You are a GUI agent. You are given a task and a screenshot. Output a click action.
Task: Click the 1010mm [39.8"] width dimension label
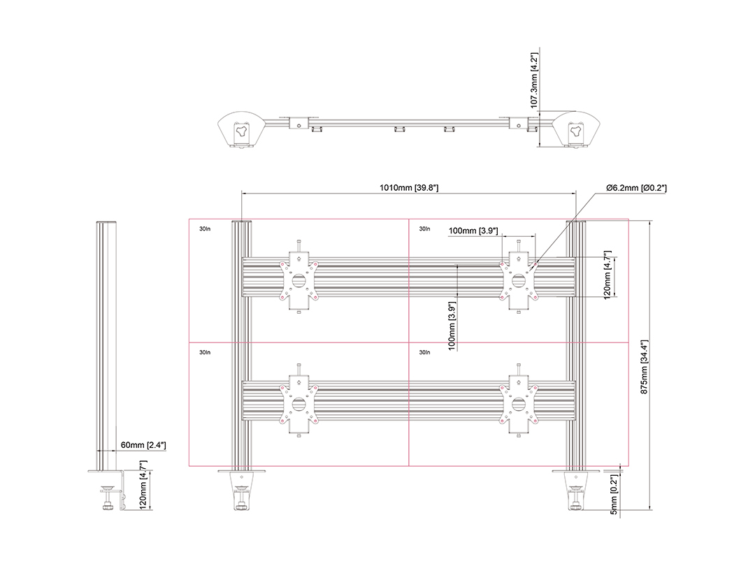tap(409, 188)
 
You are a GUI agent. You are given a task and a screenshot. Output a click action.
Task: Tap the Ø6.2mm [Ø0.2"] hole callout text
tap(637, 188)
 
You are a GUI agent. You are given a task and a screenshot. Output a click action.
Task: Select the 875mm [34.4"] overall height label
tap(645, 368)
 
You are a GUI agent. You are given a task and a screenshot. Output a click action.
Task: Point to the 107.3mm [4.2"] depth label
tap(534, 80)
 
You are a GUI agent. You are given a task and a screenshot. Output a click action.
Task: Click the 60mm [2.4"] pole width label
tap(143, 445)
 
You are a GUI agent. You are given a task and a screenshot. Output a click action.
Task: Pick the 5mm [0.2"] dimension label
tap(614, 495)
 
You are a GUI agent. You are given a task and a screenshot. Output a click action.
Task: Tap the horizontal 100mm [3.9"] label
tap(473, 231)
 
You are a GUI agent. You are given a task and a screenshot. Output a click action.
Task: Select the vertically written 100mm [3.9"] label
tap(452, 326)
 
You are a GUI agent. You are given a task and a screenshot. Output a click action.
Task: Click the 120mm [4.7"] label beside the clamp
tap(143, 485)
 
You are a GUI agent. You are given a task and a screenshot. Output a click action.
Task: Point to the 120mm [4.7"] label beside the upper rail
tap(607, 275)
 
